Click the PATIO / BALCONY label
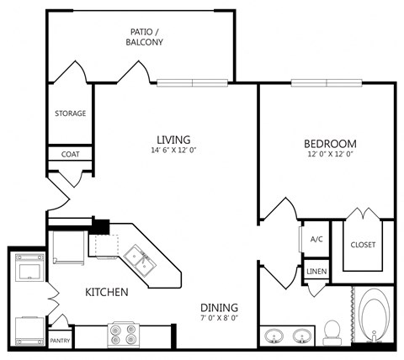click(145, 36)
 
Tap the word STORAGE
click(70, 114)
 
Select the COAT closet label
click(70, 155)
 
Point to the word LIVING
click(173, 139)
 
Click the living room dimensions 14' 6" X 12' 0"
click(173, 151)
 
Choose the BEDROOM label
click(330, 144)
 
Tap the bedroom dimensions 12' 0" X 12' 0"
click(330, 156)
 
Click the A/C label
click(316, 240)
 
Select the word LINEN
click(316, 272)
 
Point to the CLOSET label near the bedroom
click(363, 245)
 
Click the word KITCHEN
click(106, 293)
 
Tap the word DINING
click(219, 307)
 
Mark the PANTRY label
click(60, 341)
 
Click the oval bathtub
click(374, 316)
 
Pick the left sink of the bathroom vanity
click(274, 336)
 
